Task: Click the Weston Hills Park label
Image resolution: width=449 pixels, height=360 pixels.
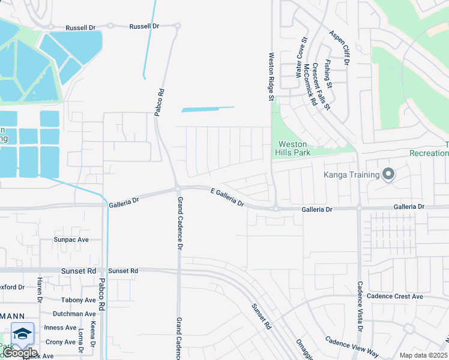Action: pos(292,148)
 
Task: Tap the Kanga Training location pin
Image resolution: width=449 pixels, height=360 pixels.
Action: pos(388,175)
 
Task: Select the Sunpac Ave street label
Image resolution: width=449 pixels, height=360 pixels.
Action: pos(71,239)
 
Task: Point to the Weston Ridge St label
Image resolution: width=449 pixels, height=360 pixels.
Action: pos(271,75)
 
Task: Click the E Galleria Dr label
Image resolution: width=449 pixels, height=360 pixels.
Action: pos(228,197)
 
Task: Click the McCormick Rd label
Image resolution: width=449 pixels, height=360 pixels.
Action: pos(310,84)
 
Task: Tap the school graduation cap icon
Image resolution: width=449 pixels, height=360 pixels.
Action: pos(22,333)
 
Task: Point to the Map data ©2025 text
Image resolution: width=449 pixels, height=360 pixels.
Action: pos(423,355)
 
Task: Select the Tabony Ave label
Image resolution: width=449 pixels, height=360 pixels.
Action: pos(78,300)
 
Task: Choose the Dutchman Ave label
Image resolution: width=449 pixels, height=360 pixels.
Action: pos(74,314)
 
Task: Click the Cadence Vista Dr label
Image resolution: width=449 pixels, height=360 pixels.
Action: pos(360,307)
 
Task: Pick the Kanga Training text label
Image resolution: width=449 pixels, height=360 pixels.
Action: pos(352,175)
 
